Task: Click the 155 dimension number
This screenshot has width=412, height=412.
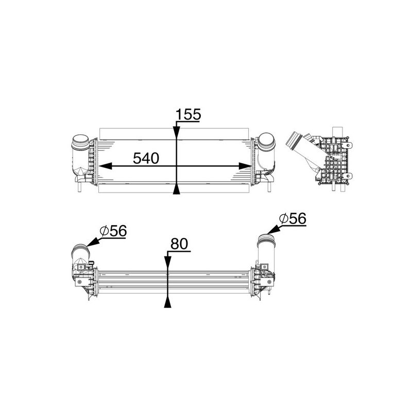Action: tap(188, 115)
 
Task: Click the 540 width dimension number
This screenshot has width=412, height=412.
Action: tap(146, 158)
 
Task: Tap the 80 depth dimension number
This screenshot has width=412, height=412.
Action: tap(179, 243)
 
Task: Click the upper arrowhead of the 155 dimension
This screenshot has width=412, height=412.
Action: tap(177, 132)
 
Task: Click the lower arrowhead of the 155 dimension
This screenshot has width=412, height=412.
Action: tap(177, 190)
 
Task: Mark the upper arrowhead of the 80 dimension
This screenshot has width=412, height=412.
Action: tap(167, 263)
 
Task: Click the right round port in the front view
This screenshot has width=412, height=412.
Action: tap(266, 141)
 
